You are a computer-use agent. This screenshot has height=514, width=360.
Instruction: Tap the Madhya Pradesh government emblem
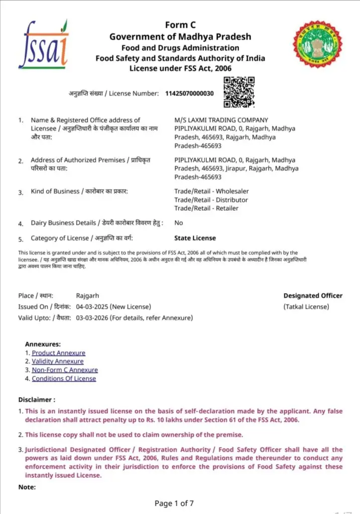(x=317, y=45)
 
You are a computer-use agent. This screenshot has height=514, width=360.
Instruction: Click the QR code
(x=239, y=92)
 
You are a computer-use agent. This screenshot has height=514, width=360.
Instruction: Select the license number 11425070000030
(x=189, y=93)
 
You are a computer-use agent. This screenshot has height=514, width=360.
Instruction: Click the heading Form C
(x=180, y=26)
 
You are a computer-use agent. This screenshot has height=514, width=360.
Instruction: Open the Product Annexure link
(x=58, y=353)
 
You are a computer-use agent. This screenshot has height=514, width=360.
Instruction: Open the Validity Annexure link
(x=58, y=361)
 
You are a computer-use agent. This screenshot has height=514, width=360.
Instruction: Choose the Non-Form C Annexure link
(x=65, y=370)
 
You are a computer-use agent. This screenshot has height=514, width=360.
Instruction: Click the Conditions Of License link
(x=64, y=378)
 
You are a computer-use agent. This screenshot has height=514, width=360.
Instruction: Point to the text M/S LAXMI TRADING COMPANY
(x=221, y=120)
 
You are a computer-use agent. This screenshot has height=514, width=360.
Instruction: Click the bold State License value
(x=195, y=238)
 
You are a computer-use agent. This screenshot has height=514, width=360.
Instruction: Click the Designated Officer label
(x=313, y=296)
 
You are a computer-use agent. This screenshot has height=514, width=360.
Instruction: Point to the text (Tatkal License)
(x=306, y=307)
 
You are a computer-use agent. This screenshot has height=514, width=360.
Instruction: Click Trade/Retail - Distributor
(x=211, y=200)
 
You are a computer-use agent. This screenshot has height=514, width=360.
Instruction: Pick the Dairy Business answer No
(x=179, y=222)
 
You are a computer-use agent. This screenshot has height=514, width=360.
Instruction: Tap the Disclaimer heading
(x=37, y=400)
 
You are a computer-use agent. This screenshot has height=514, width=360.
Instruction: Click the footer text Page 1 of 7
(x=174, y=502)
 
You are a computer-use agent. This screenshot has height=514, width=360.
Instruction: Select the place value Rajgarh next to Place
(x=88, y=296)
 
